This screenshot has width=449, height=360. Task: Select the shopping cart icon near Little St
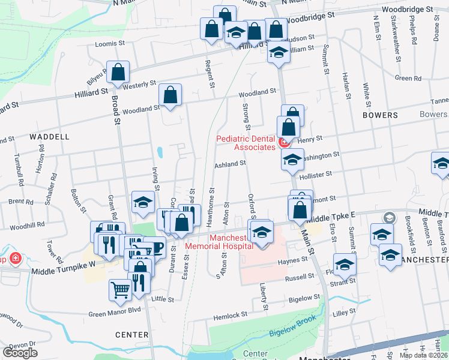(x=120, y=290)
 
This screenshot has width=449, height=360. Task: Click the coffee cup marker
(x=154, y=247)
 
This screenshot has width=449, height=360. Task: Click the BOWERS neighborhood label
(x=380, y=115)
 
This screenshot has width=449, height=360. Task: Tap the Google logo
(x=20, y=353)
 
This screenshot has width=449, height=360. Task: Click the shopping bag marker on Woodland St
(x=170, y=95)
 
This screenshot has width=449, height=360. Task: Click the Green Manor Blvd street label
(x=114, y=310)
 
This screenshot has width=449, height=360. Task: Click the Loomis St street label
(x=109, y=44)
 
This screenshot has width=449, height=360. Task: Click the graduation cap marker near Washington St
(x=292, y=160)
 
